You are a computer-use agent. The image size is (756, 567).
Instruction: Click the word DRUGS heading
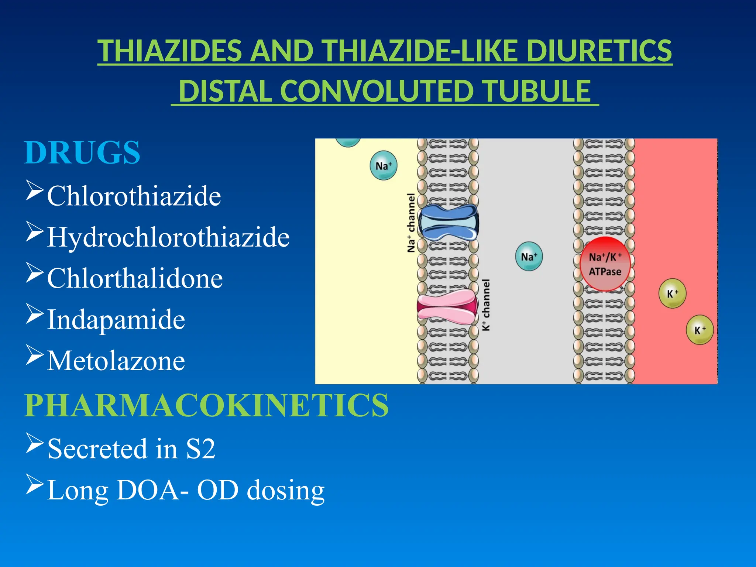pyautogui.click(x=82, y=153)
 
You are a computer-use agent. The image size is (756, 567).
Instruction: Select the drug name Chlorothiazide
pyautogui.click(x=134, y=196)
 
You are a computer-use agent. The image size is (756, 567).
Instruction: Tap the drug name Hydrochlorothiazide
pyautogui.click(x=168, y=237)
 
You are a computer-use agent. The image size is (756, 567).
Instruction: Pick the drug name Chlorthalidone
pyautogui.click(x=135, y=278)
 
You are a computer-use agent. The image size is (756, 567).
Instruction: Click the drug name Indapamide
pyautogui.click(x=116, y=320)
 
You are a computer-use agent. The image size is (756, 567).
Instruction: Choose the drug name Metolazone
pyautogui.click(x=116, y=361)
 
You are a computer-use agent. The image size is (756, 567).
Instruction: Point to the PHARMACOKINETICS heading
pyautogui.click(x=206, y=405)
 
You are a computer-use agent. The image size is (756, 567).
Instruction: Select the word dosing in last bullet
pyautogui.click(x=285, y=490)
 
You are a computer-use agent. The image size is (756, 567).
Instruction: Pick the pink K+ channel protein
pyautogui.click(x=447, y=307)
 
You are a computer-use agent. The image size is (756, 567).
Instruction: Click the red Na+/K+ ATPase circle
pyautogui.click(x=605, y=264)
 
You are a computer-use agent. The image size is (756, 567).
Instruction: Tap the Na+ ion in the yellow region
pyautogui.click(x=384, y=166)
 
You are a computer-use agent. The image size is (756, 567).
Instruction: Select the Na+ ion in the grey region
pyautogui.click(x=529, y=257)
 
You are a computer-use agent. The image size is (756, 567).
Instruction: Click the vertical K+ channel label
pyautogui.click(x=486, y=305)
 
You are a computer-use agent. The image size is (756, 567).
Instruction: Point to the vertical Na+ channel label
pyautogui.click(x=411, y=223)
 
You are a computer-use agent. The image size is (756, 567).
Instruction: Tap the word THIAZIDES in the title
pyautogui.click(x=170, y=51)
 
